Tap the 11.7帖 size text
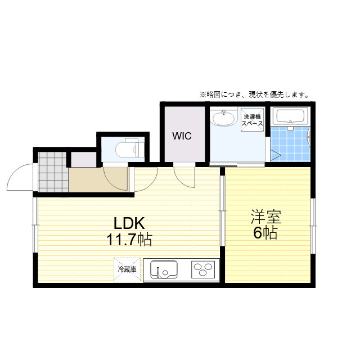pyautogui.click(x=129, y=240)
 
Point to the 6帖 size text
pyautogui.click(x=265, y=233)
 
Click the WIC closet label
pyautogui.click(x=182, y=136)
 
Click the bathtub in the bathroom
pyautogui.click(x=289, y=117)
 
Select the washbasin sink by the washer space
pyautogui.click(x=223, y=119)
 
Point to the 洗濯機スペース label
pyautogui.click(x=253, y=119)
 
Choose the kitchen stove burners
pyautogui.click(x=202, y=269)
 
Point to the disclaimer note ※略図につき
pyautogui.click(x=254, y=94)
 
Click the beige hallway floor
pyautogui.click(x=96, y=179)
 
